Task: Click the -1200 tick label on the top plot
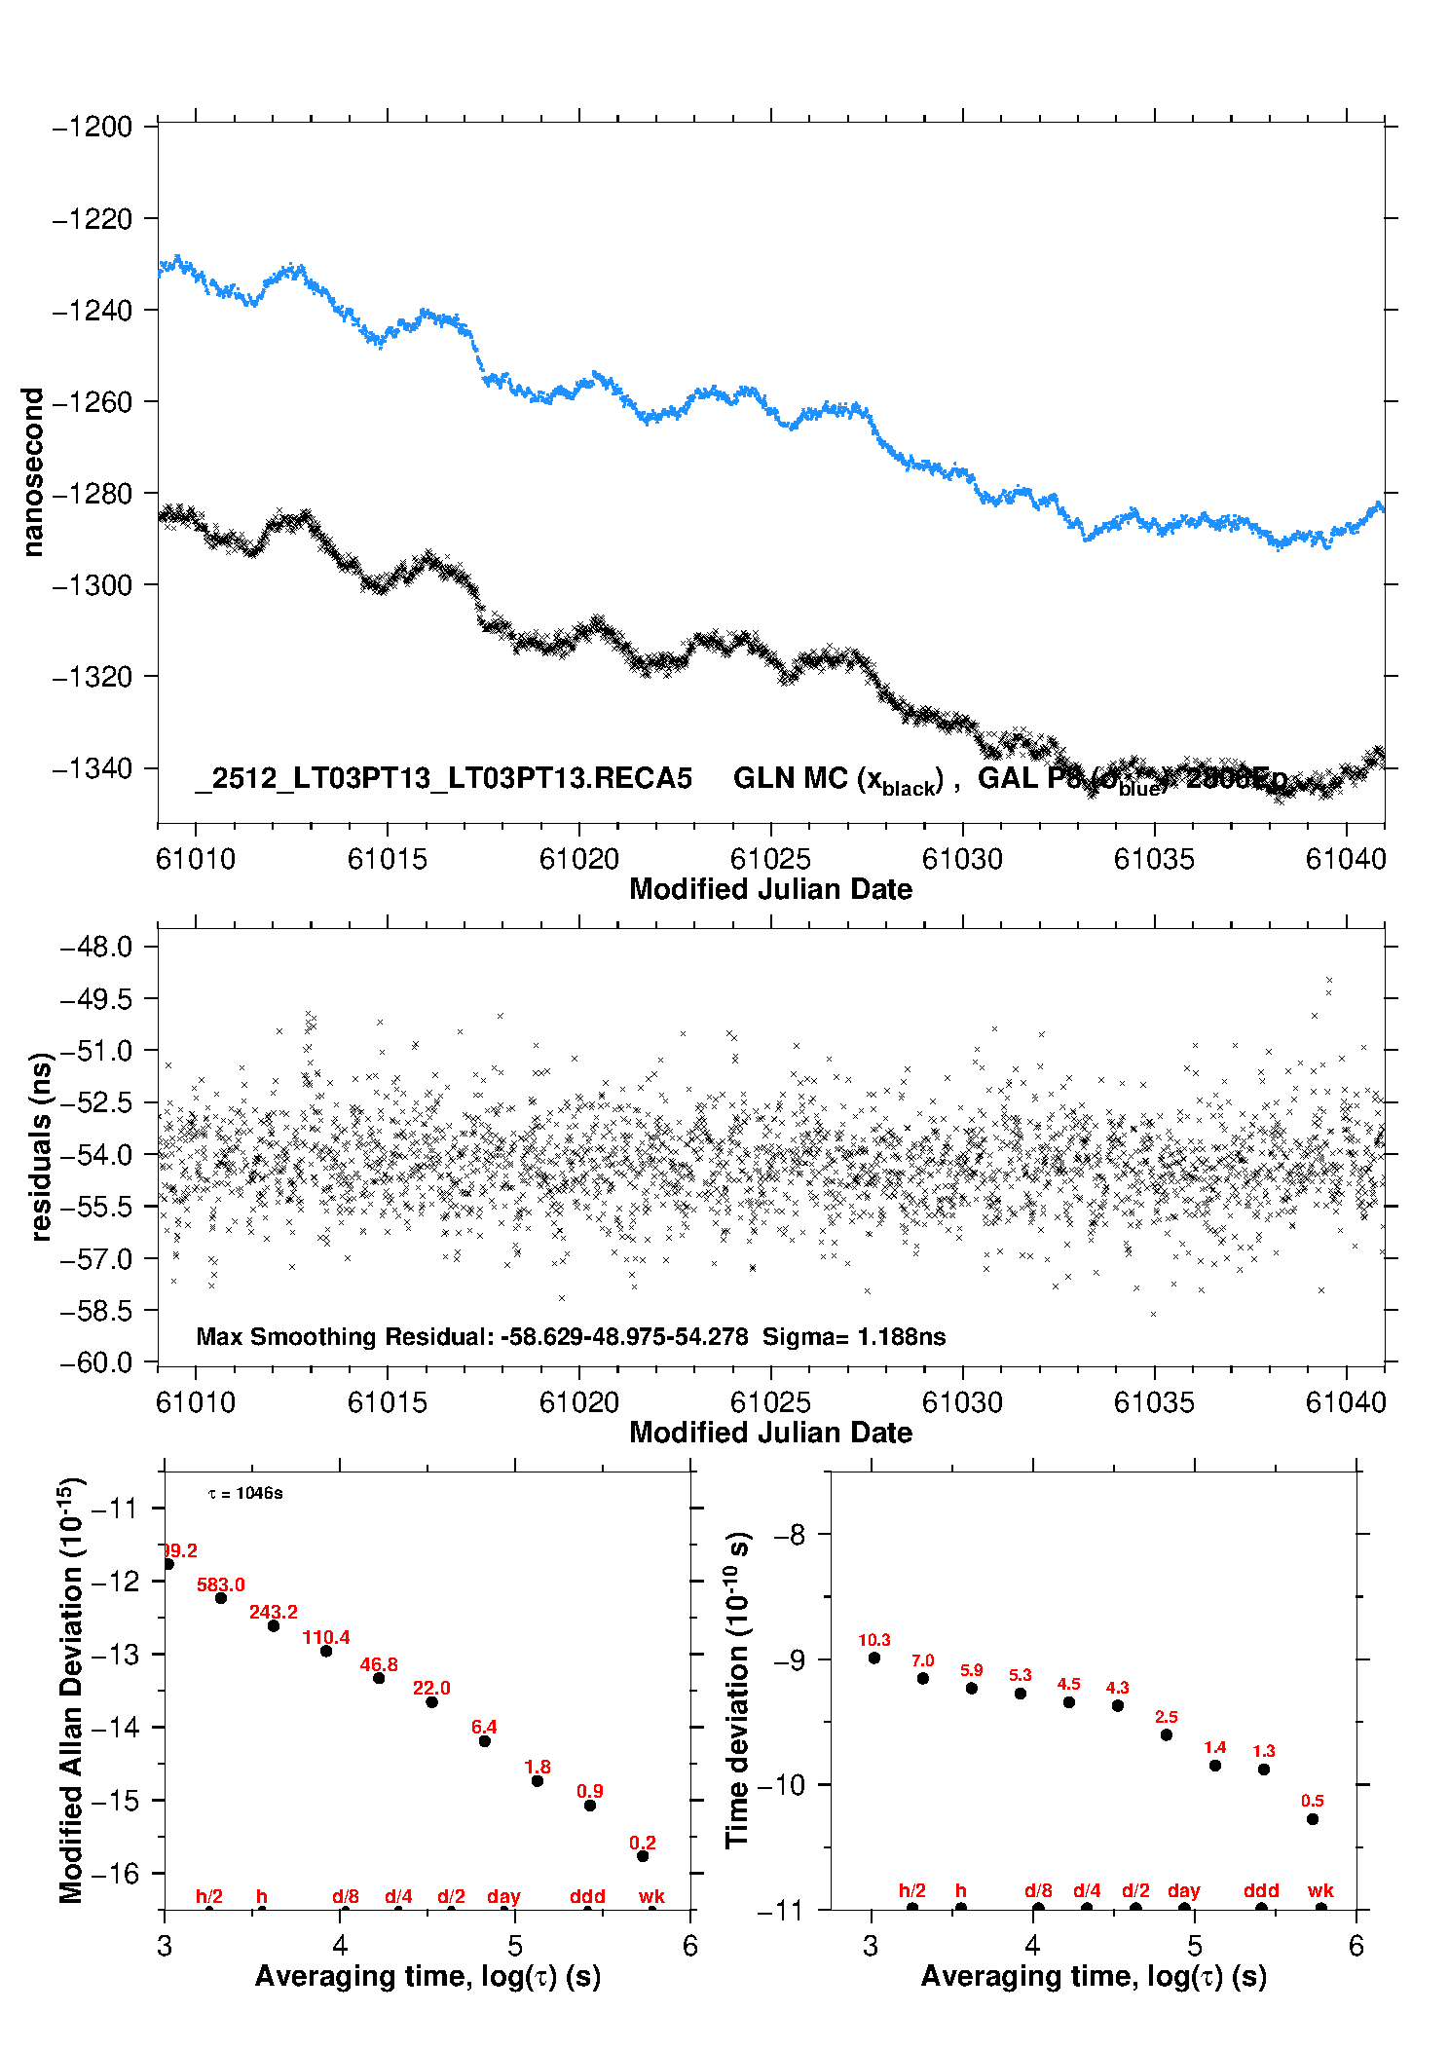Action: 93,128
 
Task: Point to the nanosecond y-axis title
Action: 32,472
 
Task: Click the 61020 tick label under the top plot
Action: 579,859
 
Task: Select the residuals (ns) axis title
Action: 40,1146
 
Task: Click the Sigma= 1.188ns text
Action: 854,1336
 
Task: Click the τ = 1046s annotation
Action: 245,1493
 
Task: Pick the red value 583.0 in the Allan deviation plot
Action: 221,1584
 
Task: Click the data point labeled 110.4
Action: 326,1651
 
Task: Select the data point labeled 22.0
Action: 431,1701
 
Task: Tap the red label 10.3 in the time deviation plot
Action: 874,1640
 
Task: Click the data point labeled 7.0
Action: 923,1678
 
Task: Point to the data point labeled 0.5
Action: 1313,1818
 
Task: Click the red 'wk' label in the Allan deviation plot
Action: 651,1896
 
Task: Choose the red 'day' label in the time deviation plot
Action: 1184,1890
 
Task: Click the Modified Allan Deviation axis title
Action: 72,1691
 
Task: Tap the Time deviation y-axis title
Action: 738,1691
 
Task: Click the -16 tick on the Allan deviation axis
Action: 115,1873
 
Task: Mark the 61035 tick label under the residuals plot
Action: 1154,1402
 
